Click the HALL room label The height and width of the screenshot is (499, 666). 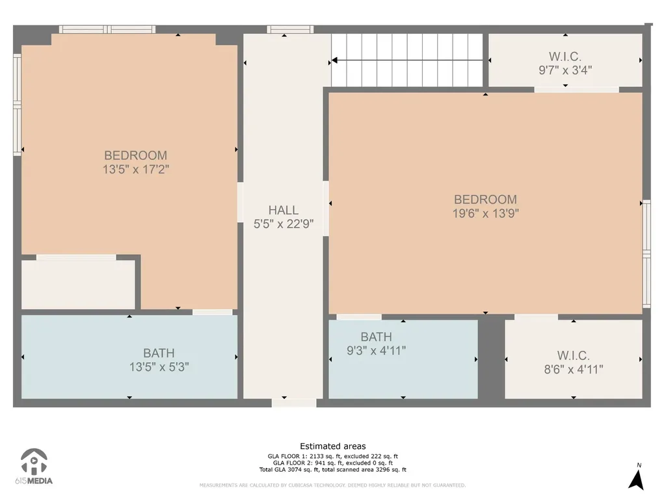pyautogui.click(x=284, y=210)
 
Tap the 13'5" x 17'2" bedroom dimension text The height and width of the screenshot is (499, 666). pyautogui.click(x=135, y=170)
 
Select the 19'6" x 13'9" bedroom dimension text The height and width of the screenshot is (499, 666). pyautogui.click(x=485, y=213)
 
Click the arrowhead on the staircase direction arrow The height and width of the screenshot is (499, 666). pyautogui.click(x=334, y=60)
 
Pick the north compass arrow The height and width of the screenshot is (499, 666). pyautogui.click(x=636, y=480)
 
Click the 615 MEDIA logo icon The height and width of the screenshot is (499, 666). pyautogui.click(x=34, y=462)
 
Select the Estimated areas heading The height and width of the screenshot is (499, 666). pyautogui.click(x=332, y=446)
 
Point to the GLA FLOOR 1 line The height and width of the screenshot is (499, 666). pyautogui.click(x=332, y=457)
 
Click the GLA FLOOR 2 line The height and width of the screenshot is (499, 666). pyautogui.click(x=332, y=463)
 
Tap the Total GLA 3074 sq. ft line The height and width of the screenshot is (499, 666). pyautogui.click(x=332, y=470)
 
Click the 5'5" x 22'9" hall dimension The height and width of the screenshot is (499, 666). pyautogui.click(x=284, y=224)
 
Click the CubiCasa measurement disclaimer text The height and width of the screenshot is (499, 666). pyautogui.click(x=332, y=485)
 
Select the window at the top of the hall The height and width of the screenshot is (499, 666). pyautogui.click(x=290, y=29)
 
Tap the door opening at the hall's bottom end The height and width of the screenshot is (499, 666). pyautogui.click(x=294, y=403)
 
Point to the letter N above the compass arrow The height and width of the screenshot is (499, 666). pyautogui.click(x=639, y=465)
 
